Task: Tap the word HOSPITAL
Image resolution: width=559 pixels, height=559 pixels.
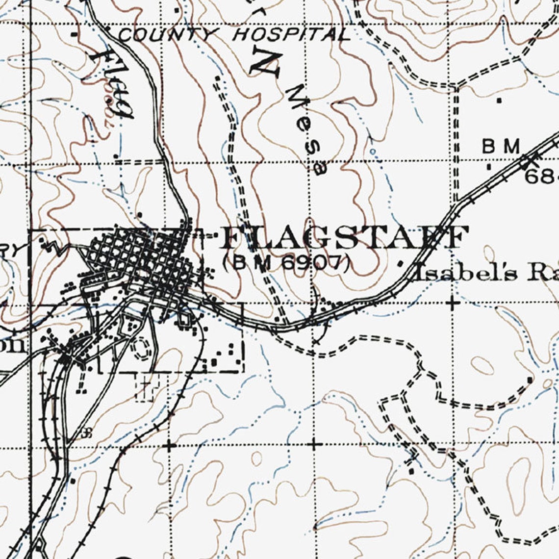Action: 291,34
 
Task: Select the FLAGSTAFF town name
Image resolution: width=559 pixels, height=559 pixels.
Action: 343,238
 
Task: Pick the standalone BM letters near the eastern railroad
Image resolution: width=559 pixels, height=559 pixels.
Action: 500,146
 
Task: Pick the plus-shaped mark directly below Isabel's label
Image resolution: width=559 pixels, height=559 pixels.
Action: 453,303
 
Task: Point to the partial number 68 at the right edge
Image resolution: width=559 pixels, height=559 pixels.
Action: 542,176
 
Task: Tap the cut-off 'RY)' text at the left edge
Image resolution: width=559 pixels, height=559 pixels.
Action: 10,249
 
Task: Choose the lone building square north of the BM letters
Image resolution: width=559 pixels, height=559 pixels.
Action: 499,101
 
